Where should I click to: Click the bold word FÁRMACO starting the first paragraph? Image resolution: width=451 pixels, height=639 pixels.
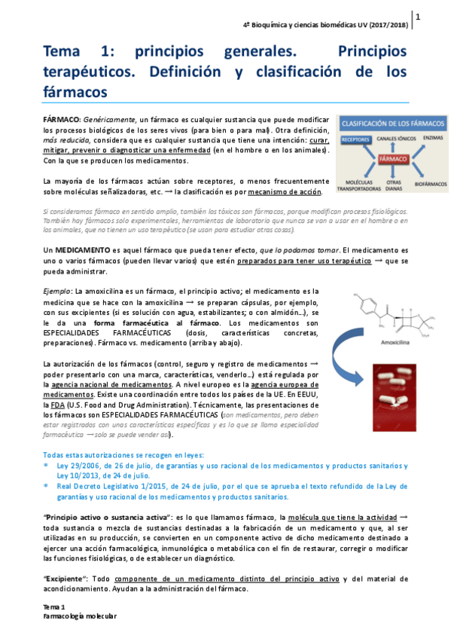tap(61, 121)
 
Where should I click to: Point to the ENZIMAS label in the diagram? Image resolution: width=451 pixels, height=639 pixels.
tap(433, 138)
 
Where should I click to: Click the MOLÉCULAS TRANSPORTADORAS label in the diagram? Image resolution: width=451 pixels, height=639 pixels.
tap(357, 185)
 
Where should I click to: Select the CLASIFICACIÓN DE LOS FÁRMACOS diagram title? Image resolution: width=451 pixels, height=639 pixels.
tap(392, 122)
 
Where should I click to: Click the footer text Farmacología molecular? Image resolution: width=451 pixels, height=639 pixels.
tap(79, 616)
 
